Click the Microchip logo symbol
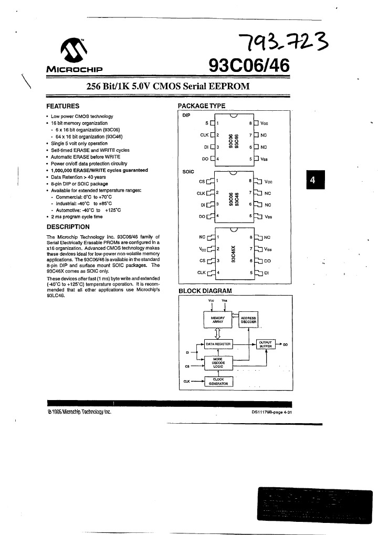[75, 51]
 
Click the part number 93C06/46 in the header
[249, 66]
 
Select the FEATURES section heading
[62, 106]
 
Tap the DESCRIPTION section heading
[68, 227]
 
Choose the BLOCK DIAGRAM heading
[205, 290]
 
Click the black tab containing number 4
[313, 180]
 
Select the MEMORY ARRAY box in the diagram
[218, 319]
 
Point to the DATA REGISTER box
[218, 343]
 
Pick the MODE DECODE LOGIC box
[218, 362]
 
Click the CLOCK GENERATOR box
[218, 381]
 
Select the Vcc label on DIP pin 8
[265, 124]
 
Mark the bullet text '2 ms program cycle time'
[77, 216]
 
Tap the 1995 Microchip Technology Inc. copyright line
[79, 412]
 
